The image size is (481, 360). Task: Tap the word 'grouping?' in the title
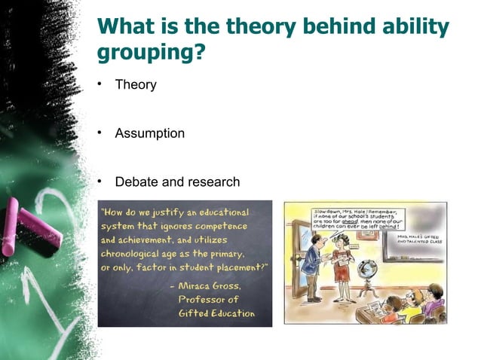(149, 55)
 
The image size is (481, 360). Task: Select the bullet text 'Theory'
(136, 84)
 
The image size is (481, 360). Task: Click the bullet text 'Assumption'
(149, 133)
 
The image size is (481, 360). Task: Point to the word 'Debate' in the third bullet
(136, 182)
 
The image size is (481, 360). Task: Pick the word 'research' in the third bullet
(215, 182)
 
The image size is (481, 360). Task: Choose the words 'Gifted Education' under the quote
(216, 313)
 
